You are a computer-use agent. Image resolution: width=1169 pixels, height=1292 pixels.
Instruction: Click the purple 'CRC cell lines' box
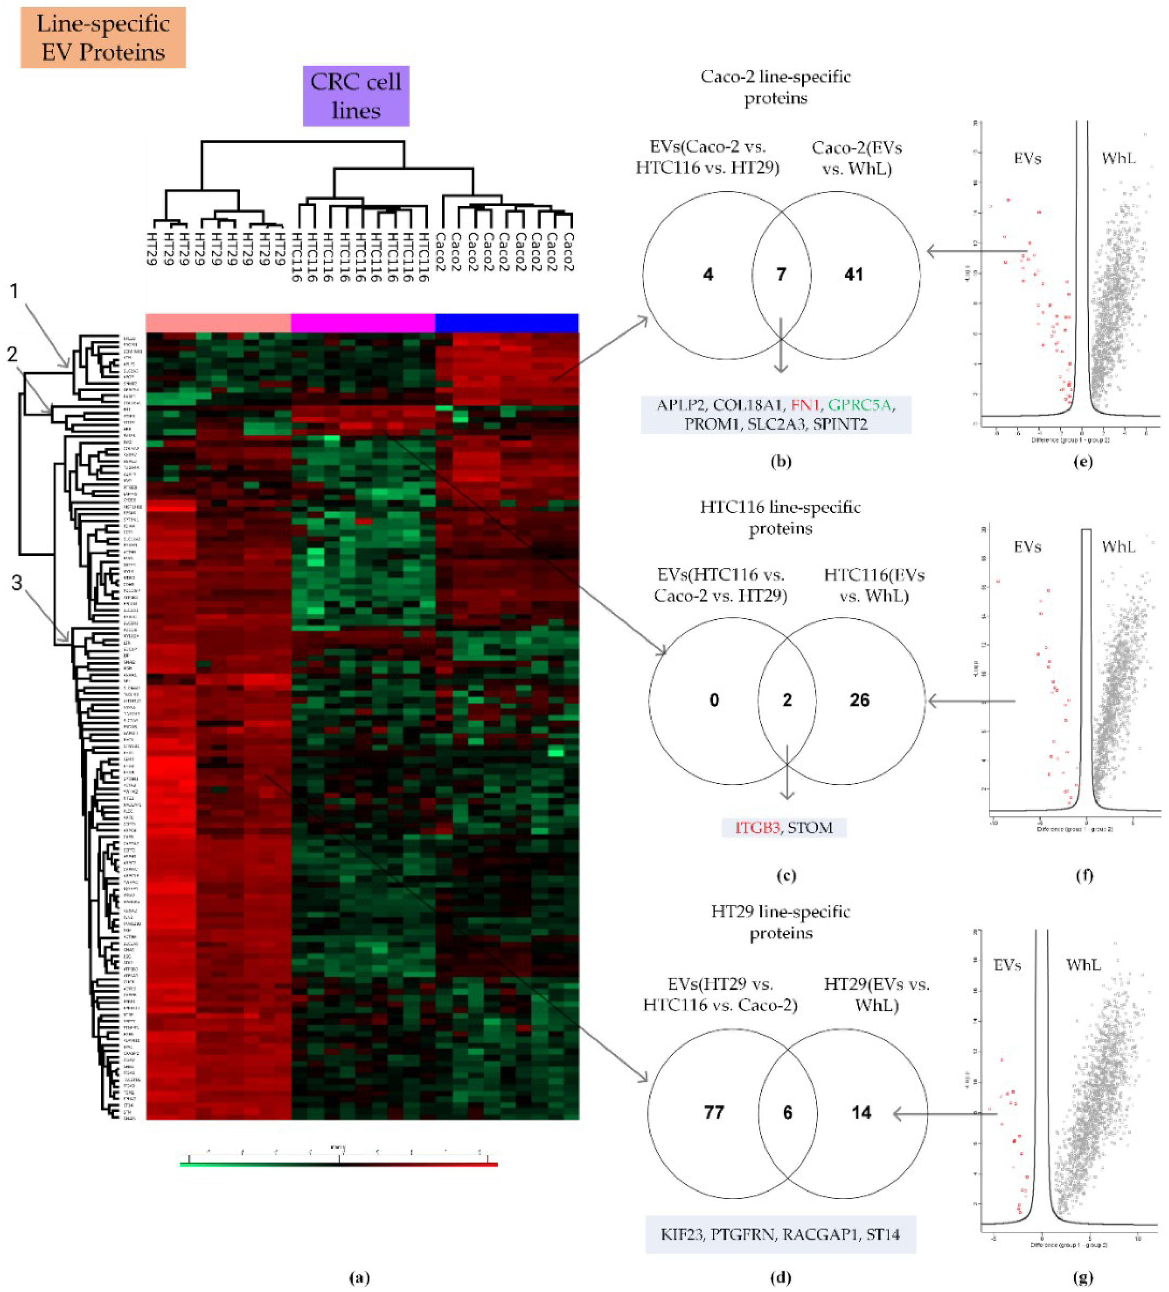pyautogui.click(x=356, y=96)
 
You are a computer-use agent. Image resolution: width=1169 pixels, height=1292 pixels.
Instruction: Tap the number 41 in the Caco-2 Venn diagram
pyautogui.click(x=853, y=274)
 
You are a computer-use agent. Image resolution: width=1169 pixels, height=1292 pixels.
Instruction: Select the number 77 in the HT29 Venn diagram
pyautogui.click(x=714, y=1112)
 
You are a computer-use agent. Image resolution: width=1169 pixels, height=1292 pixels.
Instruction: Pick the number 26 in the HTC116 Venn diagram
pyautogui.click(x=859, y=700)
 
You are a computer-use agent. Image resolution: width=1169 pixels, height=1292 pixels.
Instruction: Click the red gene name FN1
pyautogui.click(x=805, y=405)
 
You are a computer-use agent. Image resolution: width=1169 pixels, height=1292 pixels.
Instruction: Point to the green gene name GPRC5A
pyautogui.click(x=859, y=405)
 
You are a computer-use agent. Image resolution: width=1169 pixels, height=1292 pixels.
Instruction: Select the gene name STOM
pyautogui.click(x=810, y=827)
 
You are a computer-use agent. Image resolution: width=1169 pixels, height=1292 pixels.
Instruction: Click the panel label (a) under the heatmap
pyautogui.click(x=359, y=1277)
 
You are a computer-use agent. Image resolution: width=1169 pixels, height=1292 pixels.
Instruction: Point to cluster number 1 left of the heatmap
pyautogui.click(x=14, y=292)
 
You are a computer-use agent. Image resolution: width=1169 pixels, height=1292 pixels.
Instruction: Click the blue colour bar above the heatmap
pyautogui.click(x=507, y=323)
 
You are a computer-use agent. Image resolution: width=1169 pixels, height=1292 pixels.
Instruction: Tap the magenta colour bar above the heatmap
pyautogui.click(x=363, y=323)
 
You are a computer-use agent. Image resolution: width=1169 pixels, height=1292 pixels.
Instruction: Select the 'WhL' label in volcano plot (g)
pyautogui.click(x=1083, y=964)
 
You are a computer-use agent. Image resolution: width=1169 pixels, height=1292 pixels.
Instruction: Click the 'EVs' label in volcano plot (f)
pyautogui.click(x=1027, y=547)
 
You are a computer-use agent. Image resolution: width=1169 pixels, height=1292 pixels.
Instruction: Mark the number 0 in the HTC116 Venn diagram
pyautogui.click(x=714, y=700)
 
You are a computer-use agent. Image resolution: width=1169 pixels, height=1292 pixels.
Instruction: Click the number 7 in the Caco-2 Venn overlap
pyautogui.click(x=781, y=274)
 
